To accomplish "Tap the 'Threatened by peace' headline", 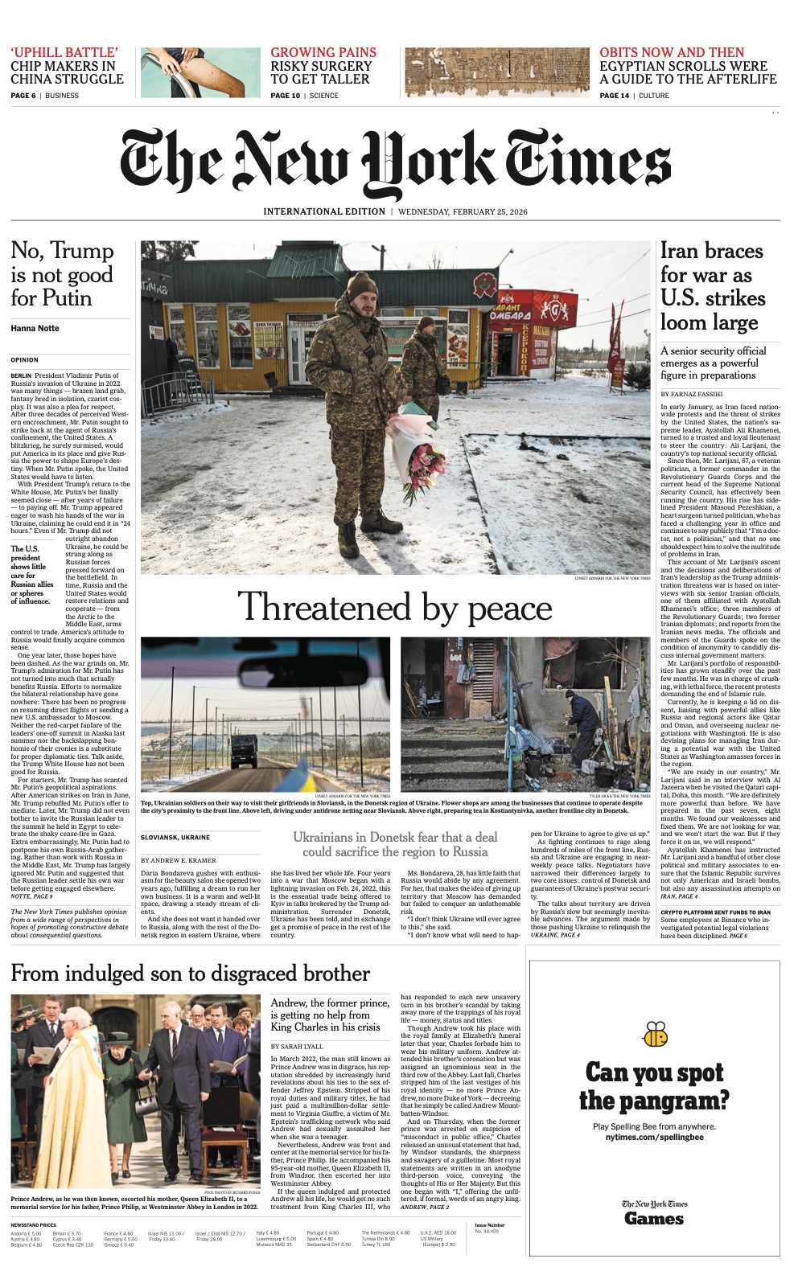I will [x=395, y=607].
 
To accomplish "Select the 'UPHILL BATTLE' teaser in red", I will [x=64, y=52].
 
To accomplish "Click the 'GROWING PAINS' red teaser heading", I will [x=323, y=52].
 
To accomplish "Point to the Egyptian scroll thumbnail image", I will [x=496, y=72].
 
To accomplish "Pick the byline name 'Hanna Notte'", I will [x=35, y=328].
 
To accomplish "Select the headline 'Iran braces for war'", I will [x=711, y=286].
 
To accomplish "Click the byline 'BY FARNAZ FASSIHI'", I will [x=692, y=394].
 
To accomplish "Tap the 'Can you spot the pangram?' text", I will [x=654, y=1086].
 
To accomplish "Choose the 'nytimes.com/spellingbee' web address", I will [x=654, y=1138].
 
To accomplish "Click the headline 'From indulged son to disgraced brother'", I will [x=190, y=974].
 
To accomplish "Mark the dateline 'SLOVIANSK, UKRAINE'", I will [x=175, y=837].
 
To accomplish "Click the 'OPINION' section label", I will [x=24, y=359].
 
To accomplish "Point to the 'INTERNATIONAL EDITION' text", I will [x=324, y=211].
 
